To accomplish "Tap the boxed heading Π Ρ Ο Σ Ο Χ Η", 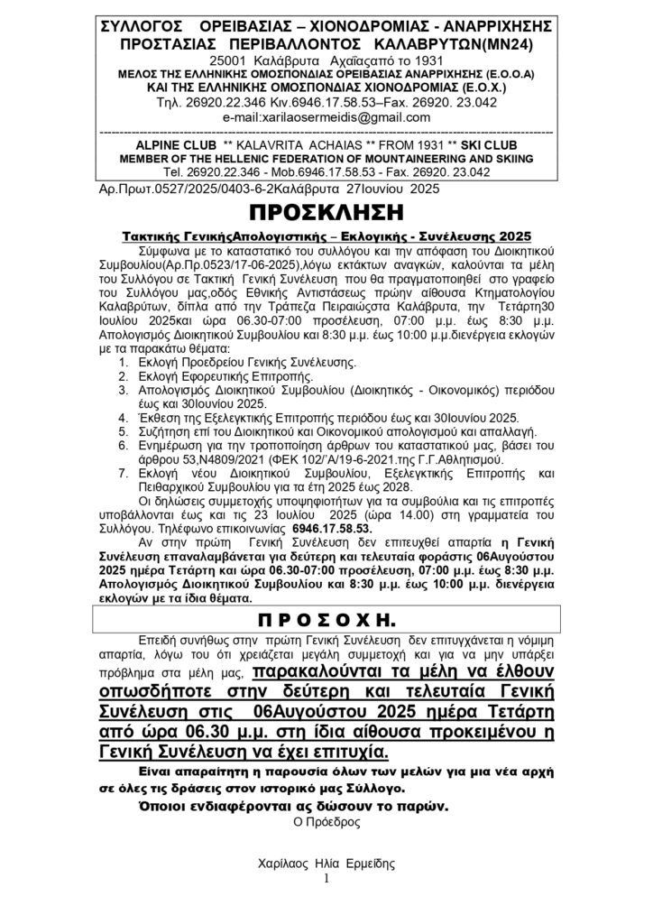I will pos(326,621).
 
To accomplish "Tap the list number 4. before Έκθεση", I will pos(123,419).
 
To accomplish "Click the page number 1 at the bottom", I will pos(326,877).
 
